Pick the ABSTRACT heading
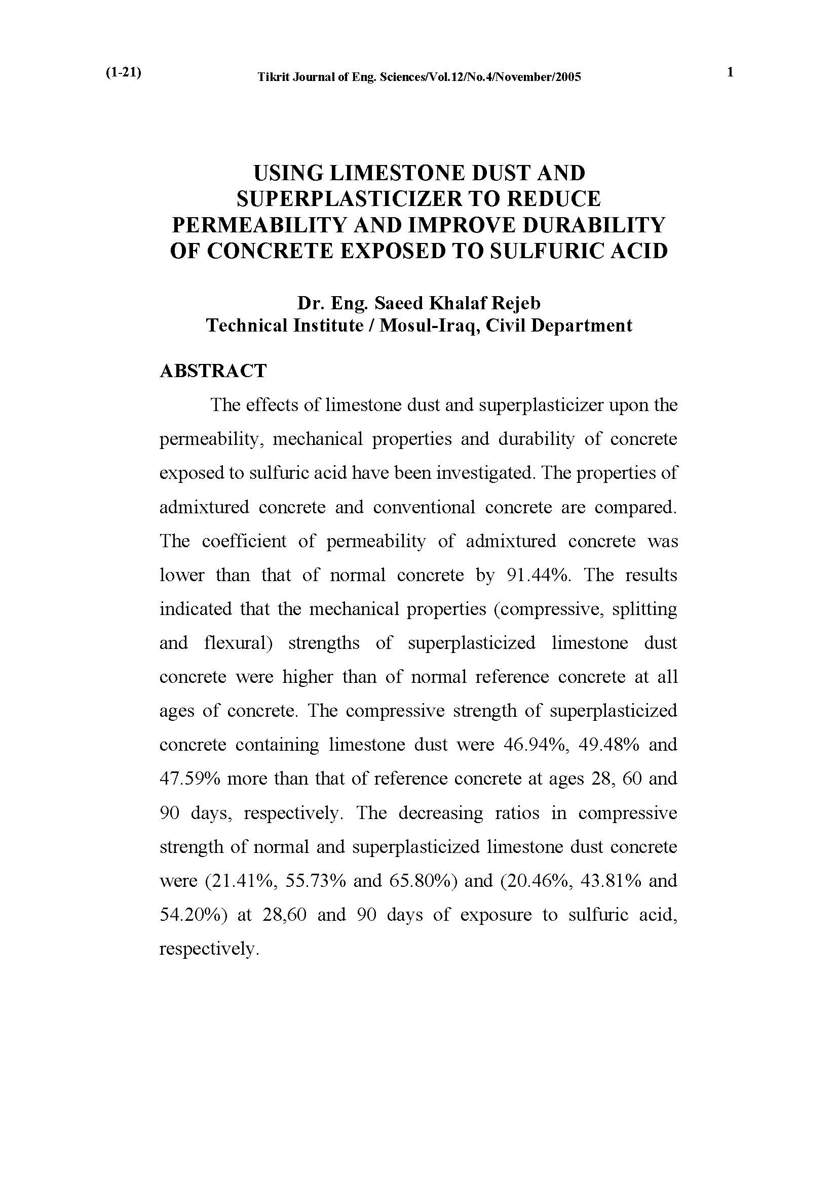tap(213, 371)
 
